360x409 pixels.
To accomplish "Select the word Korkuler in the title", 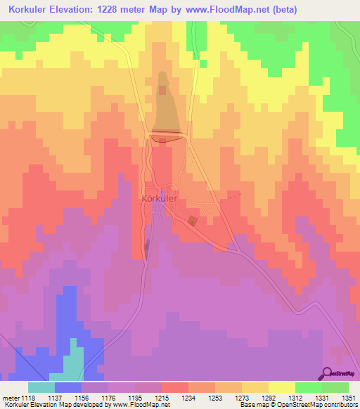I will tap(32, 10).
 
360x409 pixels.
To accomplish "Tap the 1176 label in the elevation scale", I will tap(109, 398).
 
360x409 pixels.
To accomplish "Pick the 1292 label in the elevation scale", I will tap(269, 398).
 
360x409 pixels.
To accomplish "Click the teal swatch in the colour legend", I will tap(41, 387).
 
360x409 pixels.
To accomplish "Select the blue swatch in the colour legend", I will tap(68, 387).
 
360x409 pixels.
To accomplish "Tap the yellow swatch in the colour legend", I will tap(282, 387).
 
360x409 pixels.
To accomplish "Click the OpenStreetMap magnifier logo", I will tap(328, 373).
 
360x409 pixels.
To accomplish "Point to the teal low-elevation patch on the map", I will tap(75, 358).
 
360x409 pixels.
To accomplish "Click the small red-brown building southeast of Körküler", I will tap(192, 221).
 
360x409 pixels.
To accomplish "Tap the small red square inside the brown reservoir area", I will tap(163, 90).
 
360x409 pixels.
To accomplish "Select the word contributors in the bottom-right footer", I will tap(340, 405).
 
